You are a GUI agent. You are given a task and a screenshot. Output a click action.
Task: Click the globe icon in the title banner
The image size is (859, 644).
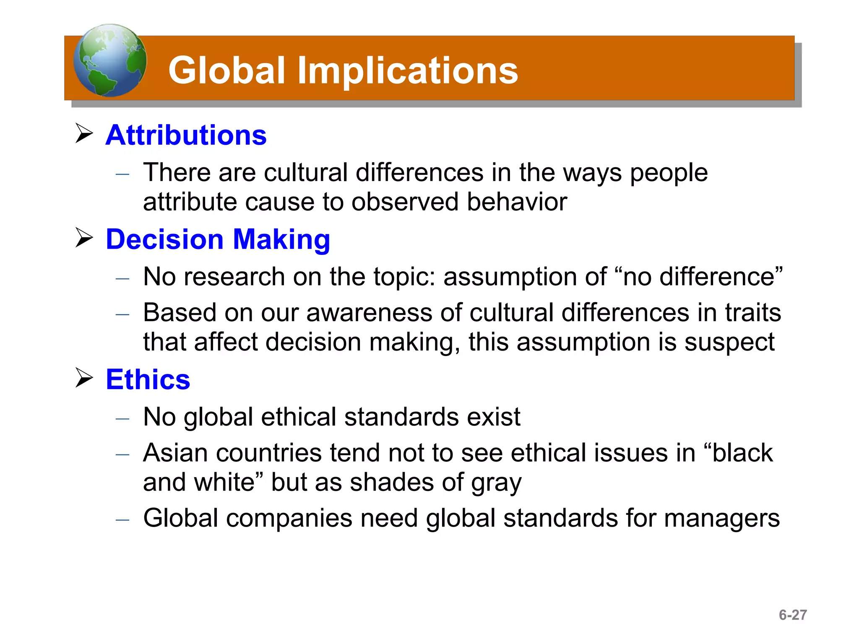click(110, 60)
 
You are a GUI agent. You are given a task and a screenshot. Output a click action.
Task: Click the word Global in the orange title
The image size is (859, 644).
click(226, 70)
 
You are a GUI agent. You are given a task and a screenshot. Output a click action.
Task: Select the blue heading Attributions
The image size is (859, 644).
click(186, 135)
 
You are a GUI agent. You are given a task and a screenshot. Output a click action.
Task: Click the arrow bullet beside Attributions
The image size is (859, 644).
click(84, 133)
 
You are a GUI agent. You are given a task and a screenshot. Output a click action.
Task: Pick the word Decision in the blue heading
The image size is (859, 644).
click(164, 239)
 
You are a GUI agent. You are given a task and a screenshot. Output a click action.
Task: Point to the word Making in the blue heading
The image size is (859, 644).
click(281, 240)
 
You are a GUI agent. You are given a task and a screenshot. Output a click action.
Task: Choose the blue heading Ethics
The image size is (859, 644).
click(148, 379)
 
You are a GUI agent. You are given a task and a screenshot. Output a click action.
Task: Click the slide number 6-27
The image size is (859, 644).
click(792, 615)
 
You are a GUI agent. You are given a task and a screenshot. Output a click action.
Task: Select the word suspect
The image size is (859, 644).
click(729, 342)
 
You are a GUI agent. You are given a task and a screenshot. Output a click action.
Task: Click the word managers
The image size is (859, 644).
click(722, 518)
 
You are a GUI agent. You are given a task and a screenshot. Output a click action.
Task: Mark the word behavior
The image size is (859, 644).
click(517, 202)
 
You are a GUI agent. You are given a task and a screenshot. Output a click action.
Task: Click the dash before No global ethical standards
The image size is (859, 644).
click(122, 418)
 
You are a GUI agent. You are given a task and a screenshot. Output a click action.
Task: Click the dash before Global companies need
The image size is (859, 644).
click(122, 520)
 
